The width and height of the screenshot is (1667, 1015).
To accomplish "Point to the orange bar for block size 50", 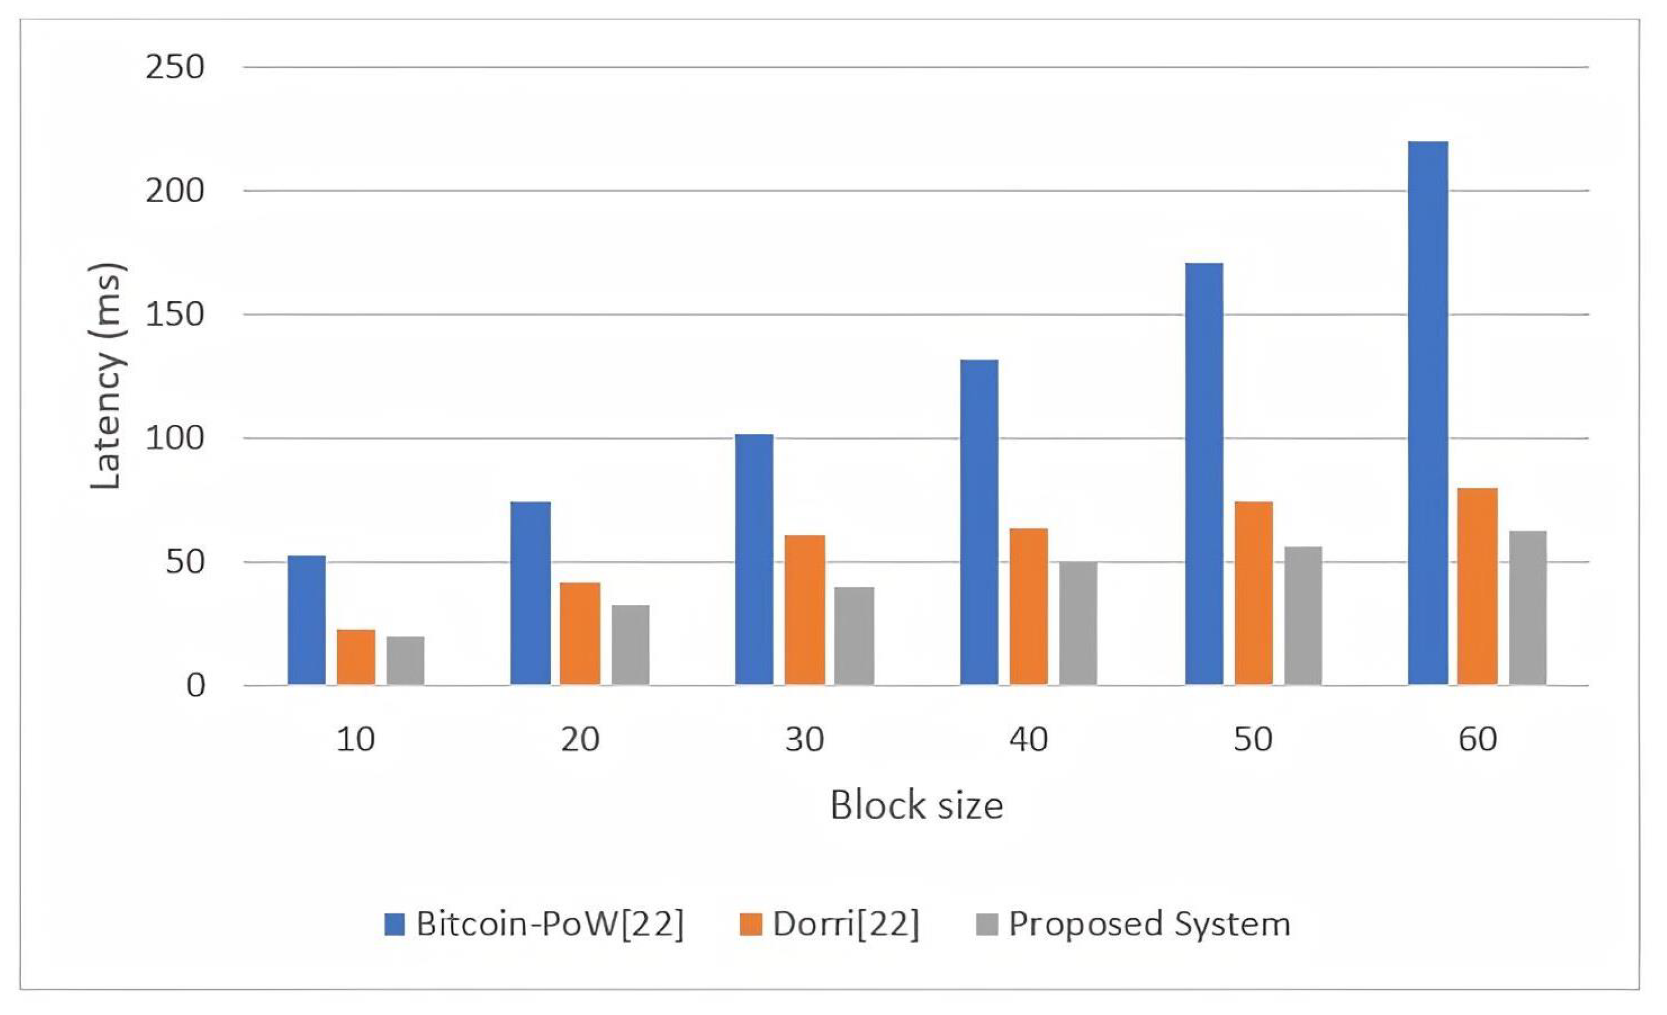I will tap(1253, 593).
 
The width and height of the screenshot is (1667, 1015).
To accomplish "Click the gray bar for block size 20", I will tap(630, 644).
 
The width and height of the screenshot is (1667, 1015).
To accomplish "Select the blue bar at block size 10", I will tap(307, 620).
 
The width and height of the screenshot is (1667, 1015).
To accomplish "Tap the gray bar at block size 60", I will tap(1528, 608).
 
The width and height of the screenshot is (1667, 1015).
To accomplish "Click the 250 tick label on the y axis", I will tap(174, 68).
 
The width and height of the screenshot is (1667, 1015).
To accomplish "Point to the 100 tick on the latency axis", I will tap(174, 438).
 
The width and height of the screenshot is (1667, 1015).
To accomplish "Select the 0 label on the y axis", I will tap(195, 686).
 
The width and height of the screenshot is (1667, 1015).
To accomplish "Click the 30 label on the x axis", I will tap(805, 740).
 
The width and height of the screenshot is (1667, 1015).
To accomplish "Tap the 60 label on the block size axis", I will tap(1478, 740).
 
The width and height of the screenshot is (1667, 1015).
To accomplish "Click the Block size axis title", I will tap(916, 805).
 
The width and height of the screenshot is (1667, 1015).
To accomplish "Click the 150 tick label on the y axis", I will tap(174, 315).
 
